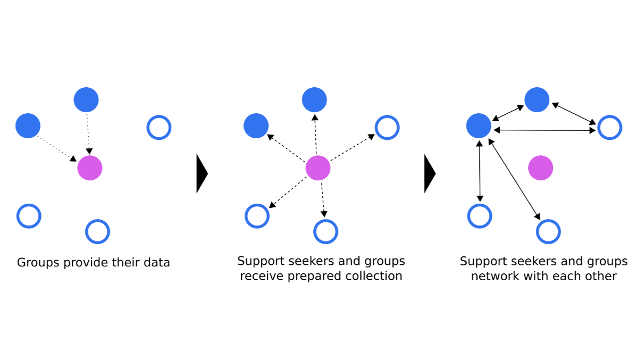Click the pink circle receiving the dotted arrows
point(90,168)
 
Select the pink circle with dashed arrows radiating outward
point(318,168)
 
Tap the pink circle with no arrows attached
point(541,168)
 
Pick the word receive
point(262,277)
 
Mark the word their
point(124,263)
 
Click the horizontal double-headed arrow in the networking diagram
point(545,130)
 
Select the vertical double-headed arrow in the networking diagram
point(480,171)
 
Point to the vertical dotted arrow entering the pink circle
point(88,134)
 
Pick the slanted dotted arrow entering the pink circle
point(57,149)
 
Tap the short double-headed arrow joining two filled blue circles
point(508,113)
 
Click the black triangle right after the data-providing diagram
point(202,173)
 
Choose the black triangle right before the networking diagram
point(430,173)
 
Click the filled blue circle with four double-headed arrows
point(479,125)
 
